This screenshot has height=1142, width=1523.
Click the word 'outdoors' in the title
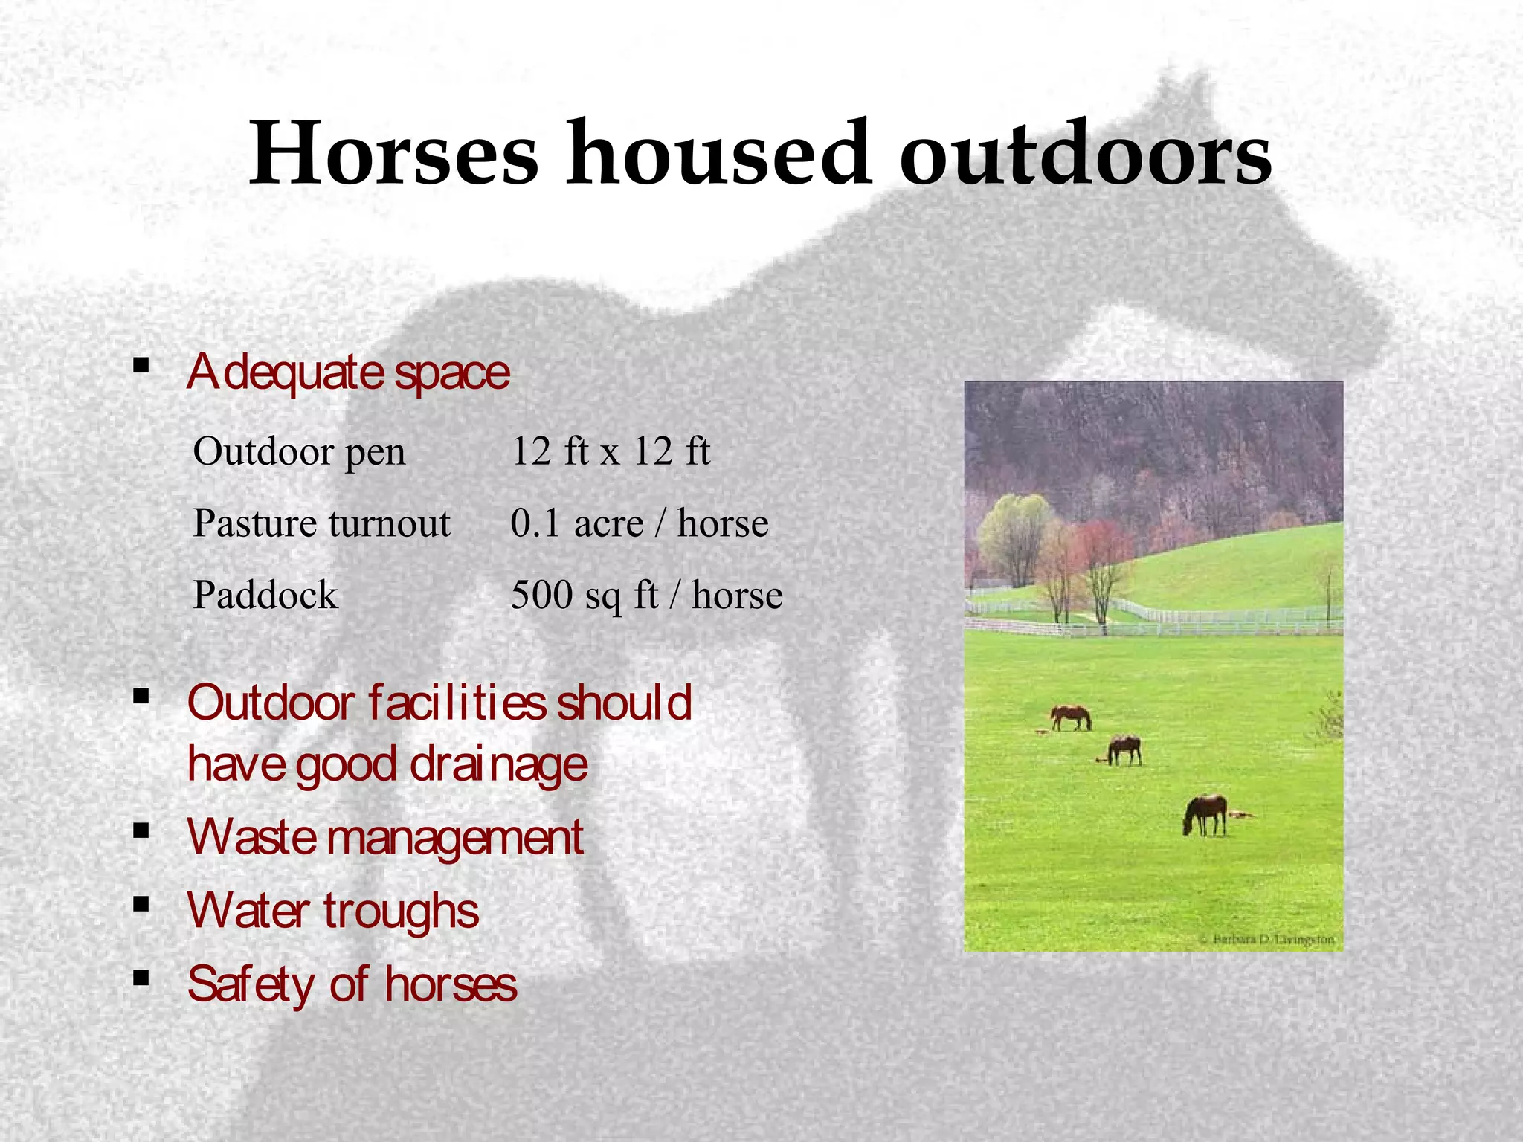[x=1085, y=154]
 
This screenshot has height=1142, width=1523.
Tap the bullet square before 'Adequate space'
[x=141, y=365]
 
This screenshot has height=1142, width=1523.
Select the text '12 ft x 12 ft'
[x=610, y=451]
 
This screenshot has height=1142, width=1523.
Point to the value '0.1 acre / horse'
[x=639, y=523]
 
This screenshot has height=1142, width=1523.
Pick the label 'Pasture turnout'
[x=321, y=523]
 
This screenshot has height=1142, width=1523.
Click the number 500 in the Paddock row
[x=541, y=595]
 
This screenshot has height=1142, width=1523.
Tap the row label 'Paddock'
[x=265, y=595]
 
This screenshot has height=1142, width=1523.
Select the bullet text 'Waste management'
[x=385, y=837]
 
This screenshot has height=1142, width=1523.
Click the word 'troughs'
[x=402, y=911]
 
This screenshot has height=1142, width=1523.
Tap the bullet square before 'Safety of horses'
[x=141, y=977]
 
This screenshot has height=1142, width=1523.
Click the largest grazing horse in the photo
[x=1205, y=814]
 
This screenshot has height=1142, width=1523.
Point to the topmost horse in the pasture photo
[x=1071, y=717]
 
